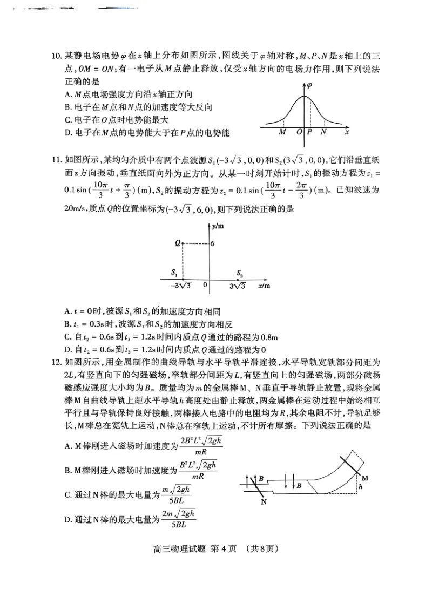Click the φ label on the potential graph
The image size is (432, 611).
click(309, 85)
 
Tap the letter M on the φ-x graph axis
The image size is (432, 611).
click(282, 132)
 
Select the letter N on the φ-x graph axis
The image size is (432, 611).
click(323, 132)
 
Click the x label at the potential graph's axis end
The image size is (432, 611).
click(347, 132)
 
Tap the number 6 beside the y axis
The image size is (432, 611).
click(213, 243)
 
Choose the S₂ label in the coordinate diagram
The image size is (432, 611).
click(240, 273)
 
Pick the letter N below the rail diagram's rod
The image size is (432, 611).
click(265, 502)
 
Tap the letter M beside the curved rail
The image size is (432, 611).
click(365, 478)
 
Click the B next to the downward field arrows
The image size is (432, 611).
click(298, 486)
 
